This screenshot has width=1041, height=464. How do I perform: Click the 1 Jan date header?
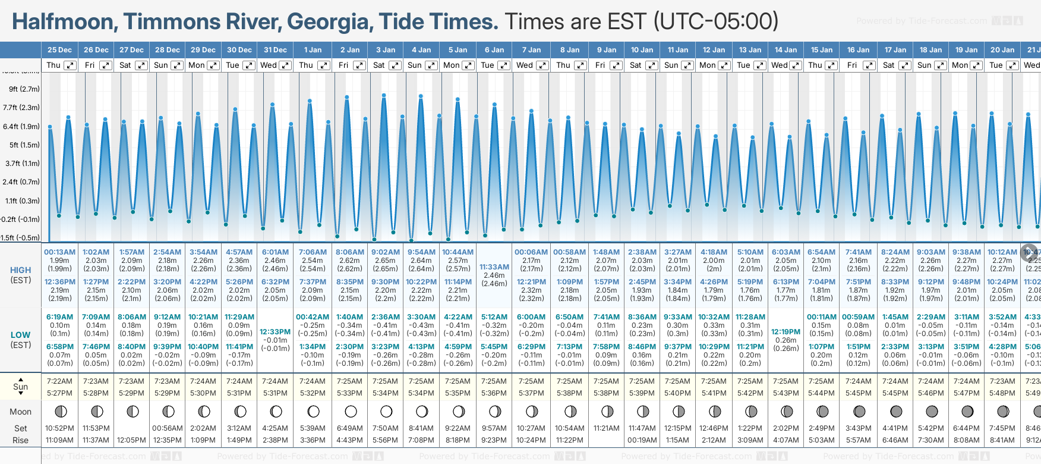coord(313,50)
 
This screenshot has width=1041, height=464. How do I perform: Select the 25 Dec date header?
coord(59,50)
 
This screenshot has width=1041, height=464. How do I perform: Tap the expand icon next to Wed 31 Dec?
coord(285,65)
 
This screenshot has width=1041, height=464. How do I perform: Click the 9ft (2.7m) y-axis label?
coord(24,89)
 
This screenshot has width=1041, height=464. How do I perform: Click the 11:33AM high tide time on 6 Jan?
coord(494,267)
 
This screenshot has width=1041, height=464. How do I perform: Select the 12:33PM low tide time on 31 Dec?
coord(275,332)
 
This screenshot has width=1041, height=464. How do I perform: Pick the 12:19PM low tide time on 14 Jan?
coord(786,332)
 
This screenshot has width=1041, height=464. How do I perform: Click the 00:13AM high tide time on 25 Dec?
coord(59,252)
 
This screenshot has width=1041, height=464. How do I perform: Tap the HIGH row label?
coord(20,270)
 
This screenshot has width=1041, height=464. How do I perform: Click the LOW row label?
coord(20,335)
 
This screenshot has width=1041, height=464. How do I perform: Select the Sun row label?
coord(20,387)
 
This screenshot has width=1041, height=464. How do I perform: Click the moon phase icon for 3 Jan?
coord(386,411)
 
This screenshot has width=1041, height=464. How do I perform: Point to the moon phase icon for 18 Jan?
coord(931,411)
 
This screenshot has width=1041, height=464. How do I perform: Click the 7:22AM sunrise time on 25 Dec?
coord(59,381)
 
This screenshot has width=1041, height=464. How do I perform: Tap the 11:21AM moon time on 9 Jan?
coord(606,428)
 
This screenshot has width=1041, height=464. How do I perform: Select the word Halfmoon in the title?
coord(63,22)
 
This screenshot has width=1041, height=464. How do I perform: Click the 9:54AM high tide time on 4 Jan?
coord(421,252)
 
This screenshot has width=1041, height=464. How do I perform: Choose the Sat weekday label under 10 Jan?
coord(635,65)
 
